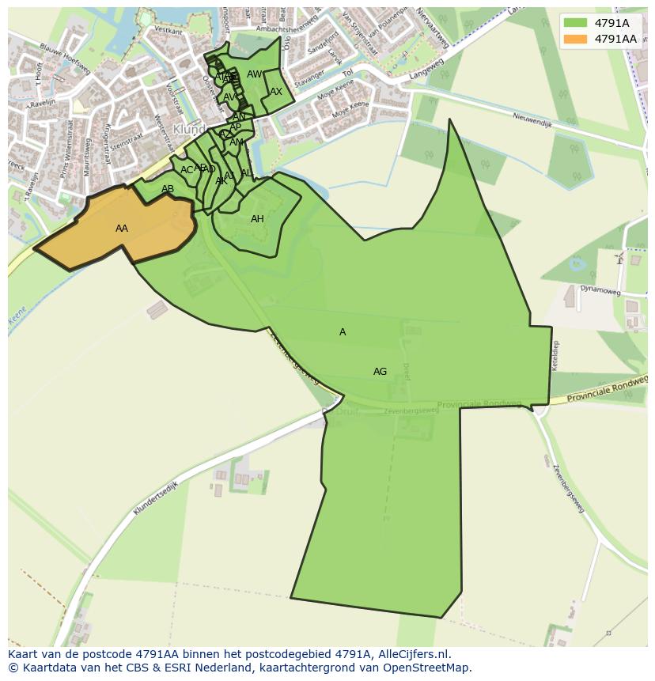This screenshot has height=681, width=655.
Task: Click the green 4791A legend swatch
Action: [x=575, y=23]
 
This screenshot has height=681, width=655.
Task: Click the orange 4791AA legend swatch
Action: [x=575, y=39]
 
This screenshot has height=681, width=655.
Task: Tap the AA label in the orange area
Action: [x=122, y=229]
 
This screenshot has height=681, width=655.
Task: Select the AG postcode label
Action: [x=381, y=372]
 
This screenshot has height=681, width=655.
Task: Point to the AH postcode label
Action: [x=257, y=219]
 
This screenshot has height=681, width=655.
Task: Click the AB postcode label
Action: [x=168, y=189]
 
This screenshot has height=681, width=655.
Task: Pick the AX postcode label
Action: [x=276, y=92]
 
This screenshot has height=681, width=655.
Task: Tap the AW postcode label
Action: [x=254, y=74]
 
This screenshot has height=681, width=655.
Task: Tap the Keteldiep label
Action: [x=555, y=356]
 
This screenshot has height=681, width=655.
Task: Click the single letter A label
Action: [x=343, y=332]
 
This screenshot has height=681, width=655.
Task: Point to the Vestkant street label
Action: [x=168, y=29]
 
